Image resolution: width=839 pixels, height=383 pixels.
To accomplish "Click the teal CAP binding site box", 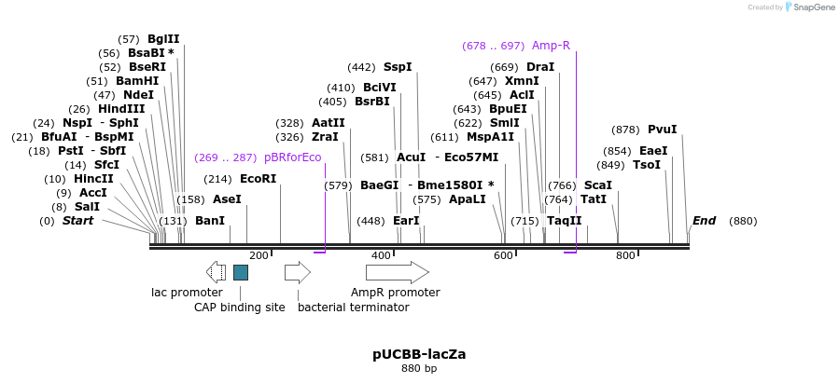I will pyautogui.click(x=241, y=272).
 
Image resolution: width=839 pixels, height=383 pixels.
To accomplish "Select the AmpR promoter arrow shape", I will pyautogui.click(x=397, y=272).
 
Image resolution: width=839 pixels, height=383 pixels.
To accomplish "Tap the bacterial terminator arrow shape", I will pyautogui.click(x=297, y=272).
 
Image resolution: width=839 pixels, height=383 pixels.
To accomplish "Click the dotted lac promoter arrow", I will pyautogui.click(x=216, y=272).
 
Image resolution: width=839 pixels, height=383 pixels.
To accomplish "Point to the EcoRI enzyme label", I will pyautogui.click(x=259, y=179).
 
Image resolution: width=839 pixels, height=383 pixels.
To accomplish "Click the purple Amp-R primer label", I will pyautogui.click(x=551, y=46).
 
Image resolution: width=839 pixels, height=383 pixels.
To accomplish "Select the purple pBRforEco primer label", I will pyautogui.click(x=292, y=157).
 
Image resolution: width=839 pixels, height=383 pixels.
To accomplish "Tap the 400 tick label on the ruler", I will pyautogui.click(x=381, y=255).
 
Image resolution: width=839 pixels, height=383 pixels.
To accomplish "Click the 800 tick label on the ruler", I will pyautogui.click(x=625, y=255).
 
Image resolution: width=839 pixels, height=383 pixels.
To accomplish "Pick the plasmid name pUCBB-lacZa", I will pyautogui.click(x=419, y=354).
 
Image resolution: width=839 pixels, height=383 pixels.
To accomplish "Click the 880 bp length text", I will pyautogui.click(x=419, y=368).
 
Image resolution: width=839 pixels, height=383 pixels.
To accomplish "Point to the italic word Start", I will pyautogui.click(x=77, y=221).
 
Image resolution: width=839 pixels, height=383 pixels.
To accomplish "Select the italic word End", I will pyautogui.click(x=704, y=221).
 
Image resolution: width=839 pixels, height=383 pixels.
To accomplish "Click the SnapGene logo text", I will pyautogui.click(x=810, y=7).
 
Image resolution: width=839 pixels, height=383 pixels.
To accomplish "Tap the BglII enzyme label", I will pyautogui.click(x=163, y=39).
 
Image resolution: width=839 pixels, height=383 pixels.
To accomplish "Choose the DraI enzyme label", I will pyautogui.click(x=540, y=67).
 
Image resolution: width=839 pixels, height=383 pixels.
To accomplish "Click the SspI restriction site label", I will pyautogui.click(x=398, y=67).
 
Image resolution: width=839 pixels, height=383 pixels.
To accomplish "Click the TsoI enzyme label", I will pyautogui.click(x=647, y=165).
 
